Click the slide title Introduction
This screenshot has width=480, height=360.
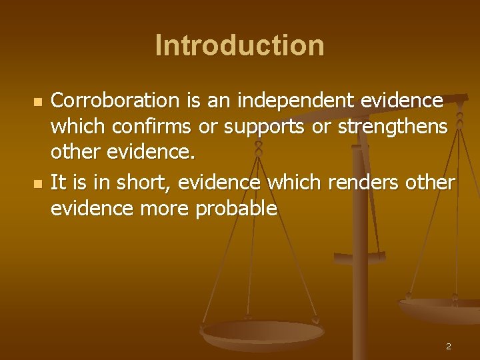coord(239,46)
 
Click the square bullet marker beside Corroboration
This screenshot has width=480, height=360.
coord(38,103)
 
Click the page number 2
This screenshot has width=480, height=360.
coord(448,346)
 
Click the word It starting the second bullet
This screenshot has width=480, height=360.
coord(58,183)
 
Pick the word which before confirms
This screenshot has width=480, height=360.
coord(76,126)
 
